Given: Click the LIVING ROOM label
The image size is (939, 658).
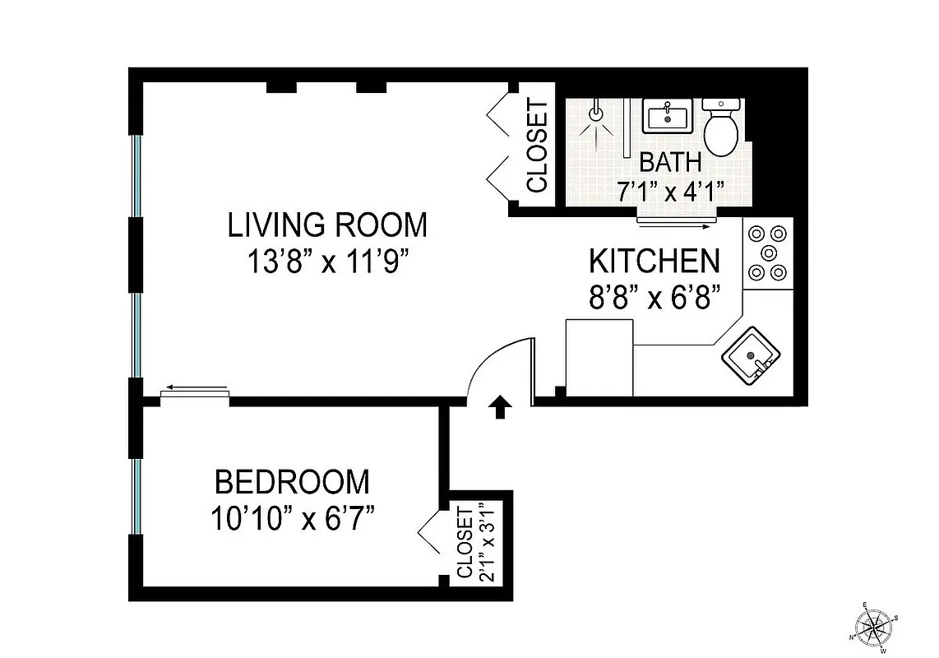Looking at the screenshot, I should tap(327, 225).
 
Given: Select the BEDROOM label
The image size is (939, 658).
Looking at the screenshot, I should tap(292, 481).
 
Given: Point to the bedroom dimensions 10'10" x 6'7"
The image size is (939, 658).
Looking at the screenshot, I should tap(292, 520).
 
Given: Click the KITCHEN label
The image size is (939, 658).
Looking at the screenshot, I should tap(654, 261).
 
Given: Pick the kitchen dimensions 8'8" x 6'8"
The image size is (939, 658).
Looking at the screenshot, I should tap(654, 298).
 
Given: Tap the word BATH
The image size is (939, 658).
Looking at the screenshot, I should tap(670, 162).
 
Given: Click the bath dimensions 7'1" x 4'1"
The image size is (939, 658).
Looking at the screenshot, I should tap(670, 193).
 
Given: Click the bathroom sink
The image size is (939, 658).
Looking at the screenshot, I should tap(667, 117).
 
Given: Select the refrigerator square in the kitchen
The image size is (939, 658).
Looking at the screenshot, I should tap(599, 358).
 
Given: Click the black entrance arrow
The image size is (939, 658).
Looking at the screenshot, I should tap(499, 407).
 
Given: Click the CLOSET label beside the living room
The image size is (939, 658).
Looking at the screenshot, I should tap(537, 146).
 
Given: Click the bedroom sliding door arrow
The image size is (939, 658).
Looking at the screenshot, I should tap(194, 387).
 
